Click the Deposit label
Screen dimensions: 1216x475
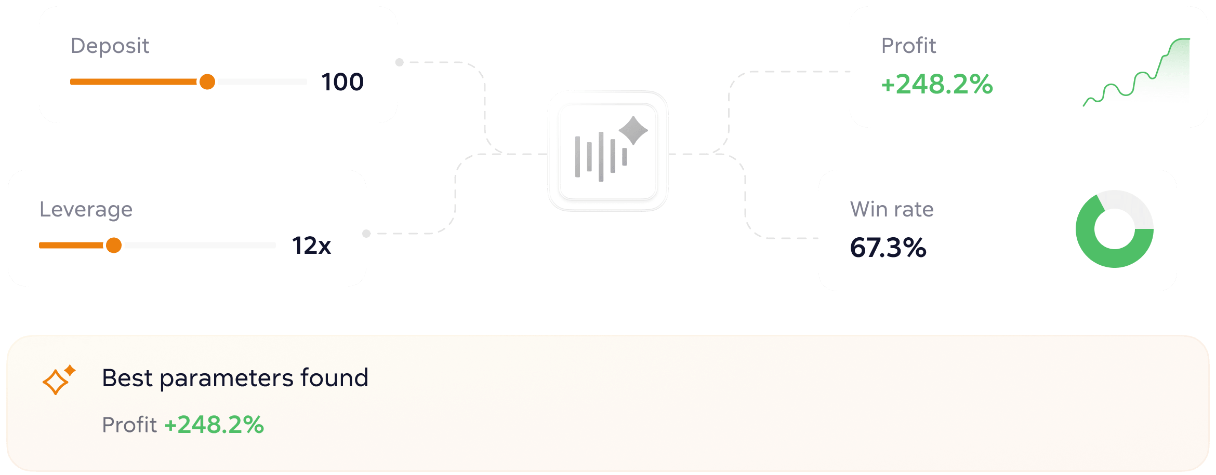(110, 46)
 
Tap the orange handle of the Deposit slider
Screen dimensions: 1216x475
(207, 82)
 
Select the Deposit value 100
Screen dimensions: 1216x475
(342, 82)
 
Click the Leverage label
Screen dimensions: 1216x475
(86, 210)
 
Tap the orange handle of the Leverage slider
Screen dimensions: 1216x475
(114, 245)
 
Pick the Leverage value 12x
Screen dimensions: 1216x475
(311, 246)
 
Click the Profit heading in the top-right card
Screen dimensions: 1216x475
(908, 46)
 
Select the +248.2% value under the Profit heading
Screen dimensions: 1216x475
(937, 84)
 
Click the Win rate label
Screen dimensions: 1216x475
(892, 209)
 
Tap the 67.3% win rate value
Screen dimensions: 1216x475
(888, 247)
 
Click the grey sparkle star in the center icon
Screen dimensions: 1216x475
(633, 130)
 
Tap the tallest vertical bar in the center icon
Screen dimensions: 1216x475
(601, 157)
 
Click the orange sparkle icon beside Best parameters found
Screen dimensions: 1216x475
(59, 379)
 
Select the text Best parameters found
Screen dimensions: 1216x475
(235, 378)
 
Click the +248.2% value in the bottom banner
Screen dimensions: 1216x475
(214, 425)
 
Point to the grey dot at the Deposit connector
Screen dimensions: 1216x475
(399, 62)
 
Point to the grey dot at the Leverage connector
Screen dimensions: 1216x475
(366, 234)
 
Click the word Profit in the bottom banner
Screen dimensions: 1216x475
(129, 425)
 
